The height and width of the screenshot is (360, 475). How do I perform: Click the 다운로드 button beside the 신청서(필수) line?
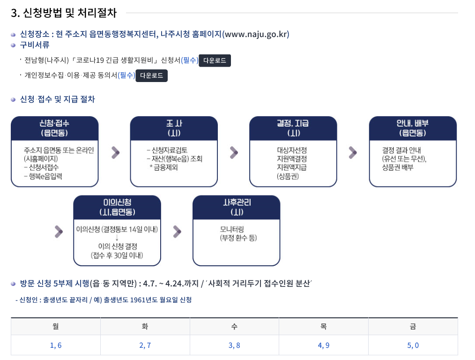click(215, 61)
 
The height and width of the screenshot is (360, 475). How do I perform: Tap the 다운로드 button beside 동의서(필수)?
click(151, 76)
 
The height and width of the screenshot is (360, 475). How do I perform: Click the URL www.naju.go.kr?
click(255, 34)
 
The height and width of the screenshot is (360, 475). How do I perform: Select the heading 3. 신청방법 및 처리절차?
click(64, 13)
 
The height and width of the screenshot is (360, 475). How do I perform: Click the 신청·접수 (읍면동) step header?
click(55, 127)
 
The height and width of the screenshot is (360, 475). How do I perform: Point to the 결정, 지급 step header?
click(293, 127)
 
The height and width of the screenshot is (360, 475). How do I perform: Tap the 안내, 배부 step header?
click(413, 127)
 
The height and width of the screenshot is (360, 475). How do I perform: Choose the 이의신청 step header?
click(117, 207)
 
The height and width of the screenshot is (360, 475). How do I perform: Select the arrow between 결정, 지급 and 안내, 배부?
click(353, 152)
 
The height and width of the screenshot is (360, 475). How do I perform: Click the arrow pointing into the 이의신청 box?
click(59, 231)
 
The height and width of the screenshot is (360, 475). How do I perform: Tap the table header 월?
click(56, 327)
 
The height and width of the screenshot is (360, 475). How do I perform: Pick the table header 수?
click(234, 327)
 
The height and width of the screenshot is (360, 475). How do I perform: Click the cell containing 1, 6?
click(56, 345)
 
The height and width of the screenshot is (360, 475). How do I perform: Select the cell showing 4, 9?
click(324, 345)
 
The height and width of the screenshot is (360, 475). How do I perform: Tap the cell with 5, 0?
click(413, 345)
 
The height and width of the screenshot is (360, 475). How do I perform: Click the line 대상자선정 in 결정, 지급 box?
click(292, 150)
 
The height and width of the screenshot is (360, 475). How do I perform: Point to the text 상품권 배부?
click(398, 167)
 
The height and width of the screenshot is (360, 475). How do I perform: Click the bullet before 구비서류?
click(14, 45)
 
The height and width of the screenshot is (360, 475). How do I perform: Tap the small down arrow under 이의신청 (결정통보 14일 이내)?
click(117, 238)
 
